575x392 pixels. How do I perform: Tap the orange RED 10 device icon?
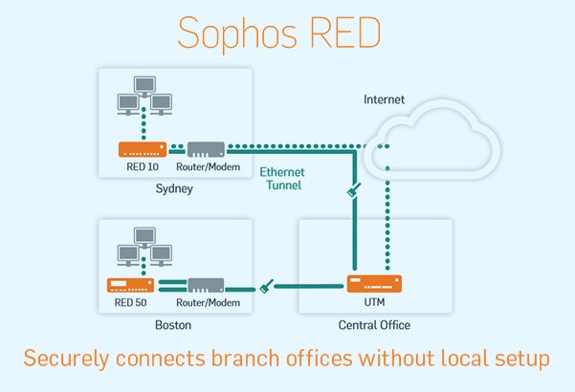coord(142,149)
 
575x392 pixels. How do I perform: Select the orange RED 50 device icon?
coord(131,285)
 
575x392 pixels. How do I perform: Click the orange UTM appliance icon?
coord(373,284)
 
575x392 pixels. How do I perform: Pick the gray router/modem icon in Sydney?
coord(206,149)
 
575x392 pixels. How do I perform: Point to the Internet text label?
coord(385,99)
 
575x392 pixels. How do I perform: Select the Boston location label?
coord(173,325)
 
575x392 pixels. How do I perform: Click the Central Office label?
coord(374,325)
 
